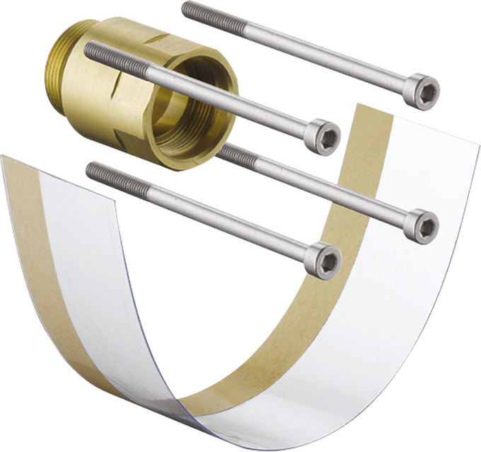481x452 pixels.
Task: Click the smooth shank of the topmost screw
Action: point(304,50)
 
